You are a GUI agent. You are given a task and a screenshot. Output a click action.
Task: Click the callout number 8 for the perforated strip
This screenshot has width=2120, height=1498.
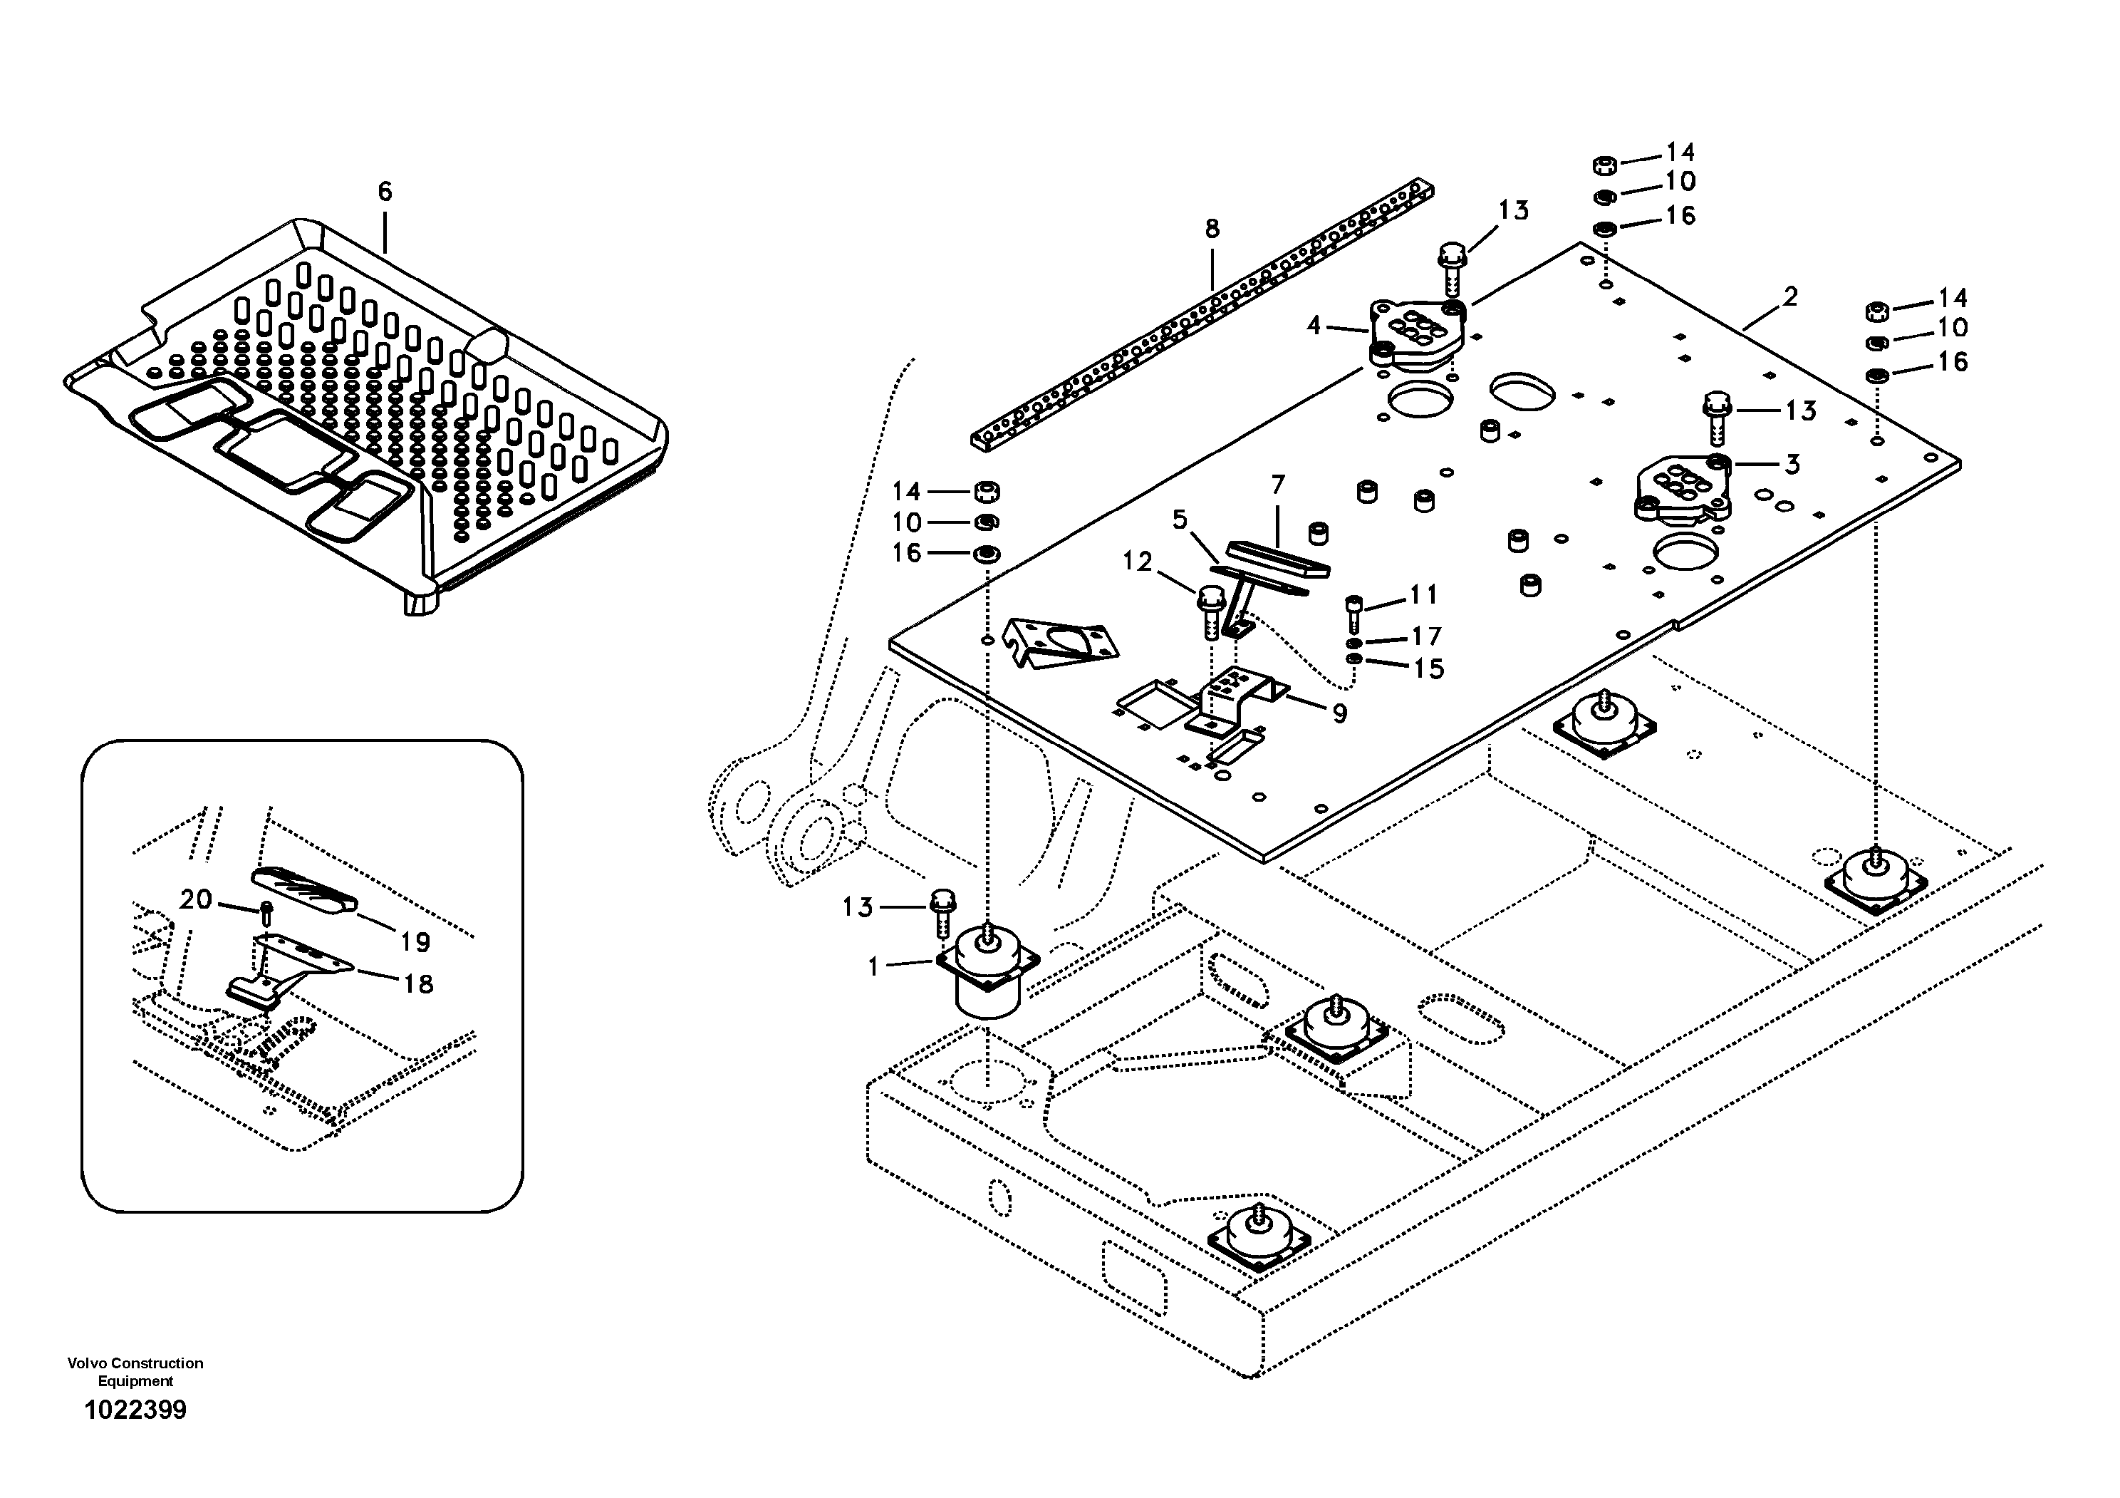(x=1212, y=228)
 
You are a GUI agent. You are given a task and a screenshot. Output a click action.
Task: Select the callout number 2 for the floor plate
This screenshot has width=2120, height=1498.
(x=1790, y=297)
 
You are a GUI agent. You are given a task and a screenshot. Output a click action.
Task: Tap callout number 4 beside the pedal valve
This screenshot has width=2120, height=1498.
(x=1314, y=325)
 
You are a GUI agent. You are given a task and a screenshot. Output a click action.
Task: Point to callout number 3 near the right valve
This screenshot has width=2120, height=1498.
(x=1792, y=465)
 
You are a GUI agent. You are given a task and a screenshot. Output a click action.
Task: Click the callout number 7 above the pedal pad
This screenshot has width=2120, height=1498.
(x=1278, y=485)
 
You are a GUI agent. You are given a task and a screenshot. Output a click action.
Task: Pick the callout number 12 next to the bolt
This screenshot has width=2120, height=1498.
(x=1138, y=562)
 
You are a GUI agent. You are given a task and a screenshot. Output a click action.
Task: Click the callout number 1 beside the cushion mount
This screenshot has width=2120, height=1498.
(x=873, y=967)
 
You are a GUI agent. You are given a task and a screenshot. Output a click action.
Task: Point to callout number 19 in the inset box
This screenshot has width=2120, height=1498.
(x=415, y=942)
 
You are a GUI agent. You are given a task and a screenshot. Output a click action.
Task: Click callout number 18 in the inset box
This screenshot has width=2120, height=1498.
(x=418, y=983)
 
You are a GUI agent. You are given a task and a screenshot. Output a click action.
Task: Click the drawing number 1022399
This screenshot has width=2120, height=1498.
(x=136, y=1410)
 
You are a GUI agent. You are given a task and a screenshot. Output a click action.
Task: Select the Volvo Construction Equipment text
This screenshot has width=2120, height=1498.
(x=136, y=1371)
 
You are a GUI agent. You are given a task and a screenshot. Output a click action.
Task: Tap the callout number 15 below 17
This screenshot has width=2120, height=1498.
(x=1428, y=668)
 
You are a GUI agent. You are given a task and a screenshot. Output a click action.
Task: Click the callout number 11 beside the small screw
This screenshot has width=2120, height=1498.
(x=1423, y=595)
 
